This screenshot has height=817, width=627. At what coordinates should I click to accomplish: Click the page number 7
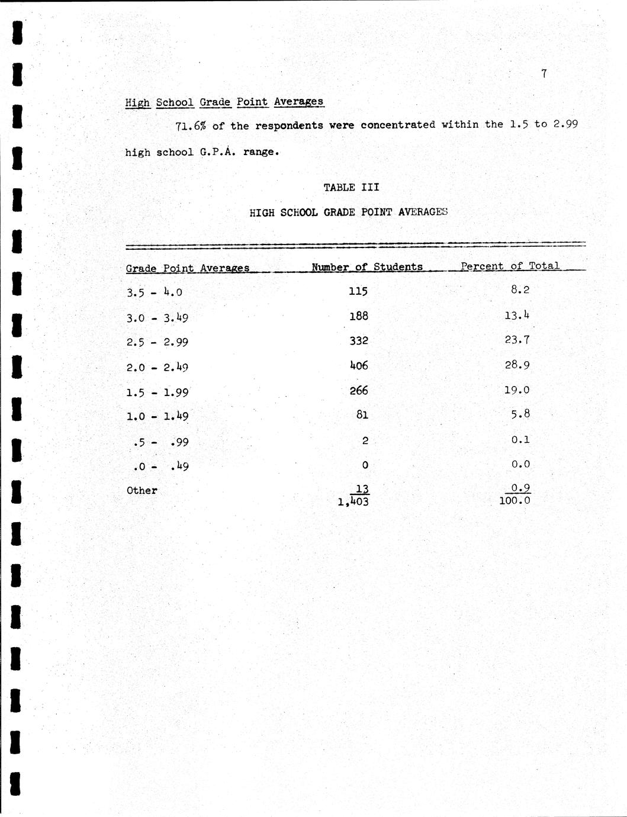point(544,73)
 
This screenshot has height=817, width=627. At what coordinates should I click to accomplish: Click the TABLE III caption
point(351,188)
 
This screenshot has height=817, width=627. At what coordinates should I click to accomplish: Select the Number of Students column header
point(367,267)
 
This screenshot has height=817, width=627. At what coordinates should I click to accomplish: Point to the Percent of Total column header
point(510,266)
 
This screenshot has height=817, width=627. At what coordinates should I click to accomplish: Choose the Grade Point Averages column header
point(187,268)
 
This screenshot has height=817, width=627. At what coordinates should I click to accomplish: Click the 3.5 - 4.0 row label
point(154,292)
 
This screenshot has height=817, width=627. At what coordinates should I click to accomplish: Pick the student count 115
point(358,291)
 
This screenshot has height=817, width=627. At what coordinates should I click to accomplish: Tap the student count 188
point(358,316)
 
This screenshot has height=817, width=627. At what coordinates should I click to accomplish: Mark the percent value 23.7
point(517,340)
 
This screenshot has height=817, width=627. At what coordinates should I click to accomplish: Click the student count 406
point(358,366)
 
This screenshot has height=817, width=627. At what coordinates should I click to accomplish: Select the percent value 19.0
point(517,390)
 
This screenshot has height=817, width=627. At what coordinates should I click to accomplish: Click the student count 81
point(362,415)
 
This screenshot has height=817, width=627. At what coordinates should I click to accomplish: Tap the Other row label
point(142,491)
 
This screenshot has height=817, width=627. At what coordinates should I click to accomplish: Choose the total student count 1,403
point(353,502)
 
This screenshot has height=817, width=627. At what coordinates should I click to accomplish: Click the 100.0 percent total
point(515,501)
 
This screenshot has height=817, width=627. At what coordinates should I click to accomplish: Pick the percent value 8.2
point(520,290)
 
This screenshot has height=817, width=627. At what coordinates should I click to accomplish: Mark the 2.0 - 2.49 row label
point(157,368)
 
